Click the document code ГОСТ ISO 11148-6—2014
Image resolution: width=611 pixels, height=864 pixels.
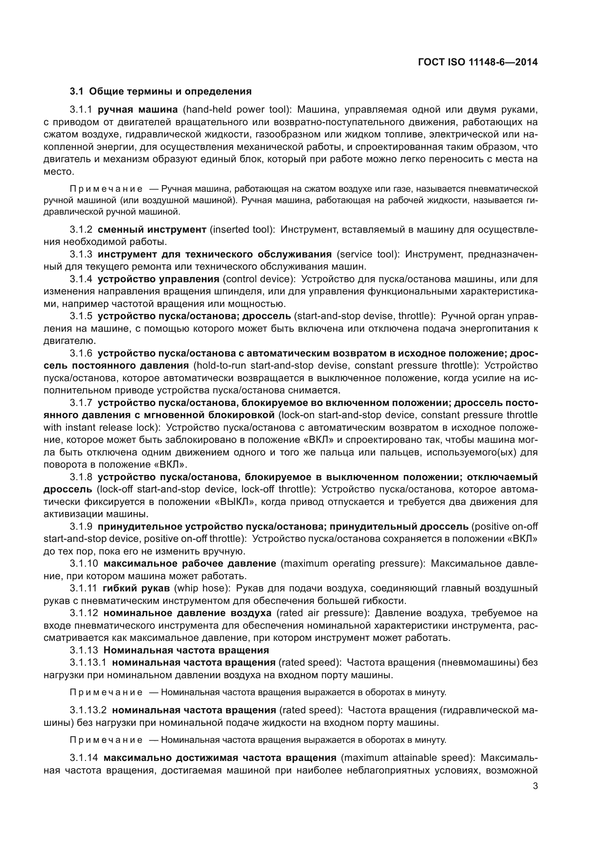478,62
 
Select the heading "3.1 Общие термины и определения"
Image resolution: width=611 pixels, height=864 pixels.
161,92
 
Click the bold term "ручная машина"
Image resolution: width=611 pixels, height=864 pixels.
138,110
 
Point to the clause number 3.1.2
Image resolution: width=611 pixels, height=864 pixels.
81,229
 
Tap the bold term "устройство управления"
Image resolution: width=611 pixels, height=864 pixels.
158,279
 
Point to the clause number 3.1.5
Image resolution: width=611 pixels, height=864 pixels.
81,316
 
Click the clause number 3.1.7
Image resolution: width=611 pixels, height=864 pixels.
81,403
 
